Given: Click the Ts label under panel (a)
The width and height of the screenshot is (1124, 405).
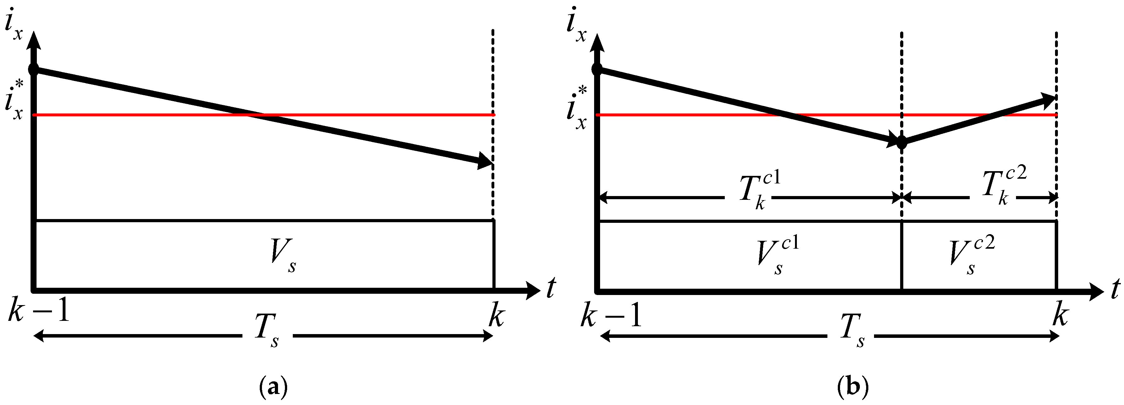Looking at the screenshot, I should click(267, 336).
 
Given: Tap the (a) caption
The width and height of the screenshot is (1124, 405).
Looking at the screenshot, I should click(274, 387).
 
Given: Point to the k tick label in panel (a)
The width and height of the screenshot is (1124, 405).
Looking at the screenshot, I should click(496, 315).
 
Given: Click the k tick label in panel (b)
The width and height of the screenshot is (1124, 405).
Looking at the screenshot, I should click(1059, 315).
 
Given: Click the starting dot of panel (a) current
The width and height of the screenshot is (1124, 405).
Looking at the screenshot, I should click(34, 69).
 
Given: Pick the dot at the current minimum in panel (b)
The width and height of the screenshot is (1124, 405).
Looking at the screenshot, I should click(901, 142).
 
